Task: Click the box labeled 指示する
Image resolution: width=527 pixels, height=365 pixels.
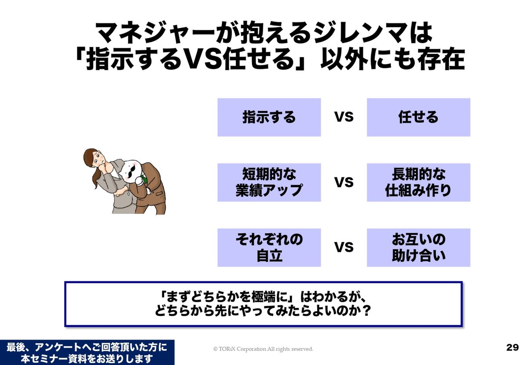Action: [269, 117]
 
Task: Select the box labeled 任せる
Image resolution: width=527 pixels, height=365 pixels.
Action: [418, 117]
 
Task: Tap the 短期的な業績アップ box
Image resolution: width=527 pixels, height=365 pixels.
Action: [269, 182]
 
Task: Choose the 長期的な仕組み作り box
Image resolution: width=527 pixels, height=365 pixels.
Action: [418, 182]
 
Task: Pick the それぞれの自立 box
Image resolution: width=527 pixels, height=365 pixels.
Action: [269, 248]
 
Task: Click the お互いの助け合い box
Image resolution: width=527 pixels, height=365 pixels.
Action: [418, 248]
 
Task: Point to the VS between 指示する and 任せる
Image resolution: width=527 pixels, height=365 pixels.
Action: [344, 117]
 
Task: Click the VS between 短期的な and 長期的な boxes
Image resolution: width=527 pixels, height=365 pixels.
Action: [344, 182]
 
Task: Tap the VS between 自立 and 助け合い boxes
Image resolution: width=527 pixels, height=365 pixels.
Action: [344, 247]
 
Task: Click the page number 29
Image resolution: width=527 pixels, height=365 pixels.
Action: [513, 347]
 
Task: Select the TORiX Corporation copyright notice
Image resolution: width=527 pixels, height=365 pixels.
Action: [263, 349]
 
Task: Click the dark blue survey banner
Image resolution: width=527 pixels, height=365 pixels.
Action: [87, 352]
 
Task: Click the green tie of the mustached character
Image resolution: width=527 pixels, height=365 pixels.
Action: [144, 179]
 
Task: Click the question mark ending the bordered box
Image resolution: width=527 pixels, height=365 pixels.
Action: [365, 311]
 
